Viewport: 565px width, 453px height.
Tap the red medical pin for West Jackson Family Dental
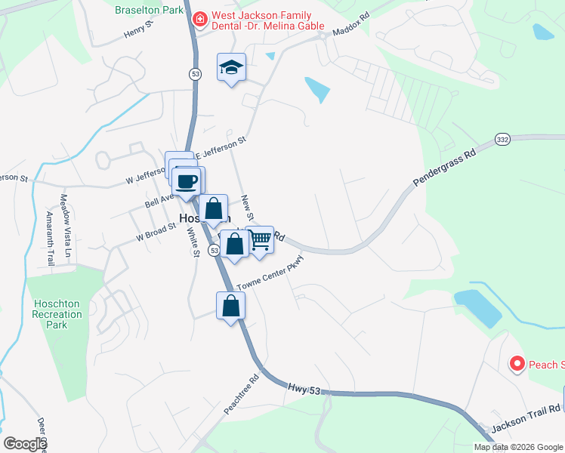(200, 19)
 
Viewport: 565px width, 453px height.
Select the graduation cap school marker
(232, 68)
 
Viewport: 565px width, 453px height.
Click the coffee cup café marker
(186, 182)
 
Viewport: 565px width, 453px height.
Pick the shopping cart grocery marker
(260, 241)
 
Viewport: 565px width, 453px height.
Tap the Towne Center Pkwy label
(270, 273)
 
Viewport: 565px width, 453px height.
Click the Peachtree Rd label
(241, 396)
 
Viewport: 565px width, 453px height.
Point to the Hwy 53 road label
(309, 389)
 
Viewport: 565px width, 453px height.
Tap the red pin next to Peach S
(517, 365)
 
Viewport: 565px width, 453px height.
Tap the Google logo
(24, 444)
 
